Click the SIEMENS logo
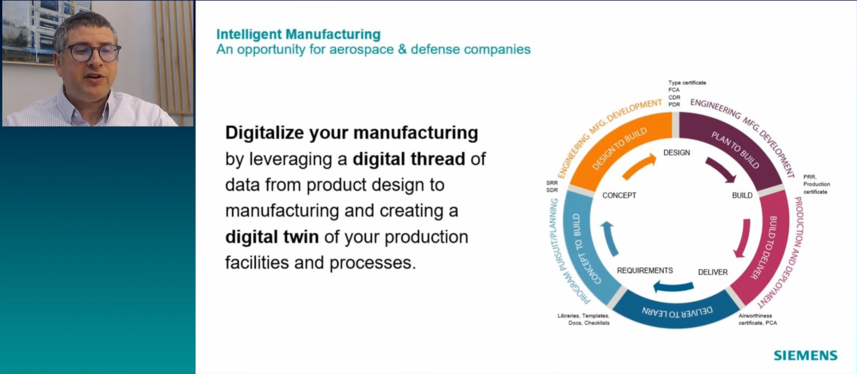[805, 355]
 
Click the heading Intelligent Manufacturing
[299, 35]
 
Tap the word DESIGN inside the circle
[677, 153]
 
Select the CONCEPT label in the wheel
[619, 196]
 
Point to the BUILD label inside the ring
[742, 196]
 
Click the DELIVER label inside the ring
[713, 272]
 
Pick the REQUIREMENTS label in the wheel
[645, 271]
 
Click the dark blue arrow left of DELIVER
[673, 287]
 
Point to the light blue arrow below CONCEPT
[609, 238]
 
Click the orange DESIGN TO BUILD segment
[620, 149]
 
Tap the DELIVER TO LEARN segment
[677, 311]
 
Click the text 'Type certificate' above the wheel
[687, 83]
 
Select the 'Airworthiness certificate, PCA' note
[758, 319]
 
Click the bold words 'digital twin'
[272, 237]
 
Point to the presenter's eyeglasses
[91, 53]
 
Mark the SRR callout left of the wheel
[552, 183]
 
